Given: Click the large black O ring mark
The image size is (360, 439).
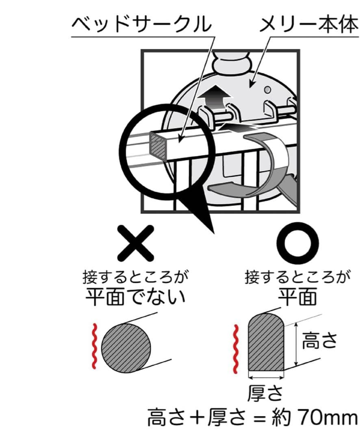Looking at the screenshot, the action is pos(297,243).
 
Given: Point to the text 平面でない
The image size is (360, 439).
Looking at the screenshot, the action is pos(135,297).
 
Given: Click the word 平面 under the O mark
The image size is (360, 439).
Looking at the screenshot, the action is pos(297,297).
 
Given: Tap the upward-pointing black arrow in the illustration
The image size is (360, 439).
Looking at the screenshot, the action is pos(214,98).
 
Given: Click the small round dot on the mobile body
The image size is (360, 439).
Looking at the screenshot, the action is pos(268,90).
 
